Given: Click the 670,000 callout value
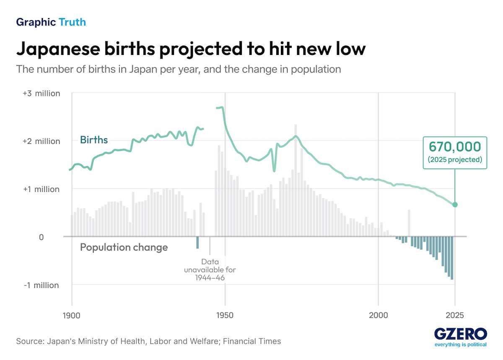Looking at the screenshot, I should coord(454,147).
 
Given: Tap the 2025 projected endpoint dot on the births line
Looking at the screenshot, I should coord(455,205).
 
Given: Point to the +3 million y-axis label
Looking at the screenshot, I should coord(41,93).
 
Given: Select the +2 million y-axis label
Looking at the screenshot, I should coord(41,141).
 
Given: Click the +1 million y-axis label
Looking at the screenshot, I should coord(41,189).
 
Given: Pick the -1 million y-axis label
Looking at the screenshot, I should coord(41,285).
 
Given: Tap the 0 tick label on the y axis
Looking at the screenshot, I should coord(41,237).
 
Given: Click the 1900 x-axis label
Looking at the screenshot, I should coord(71,315).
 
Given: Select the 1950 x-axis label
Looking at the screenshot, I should coord(225,315).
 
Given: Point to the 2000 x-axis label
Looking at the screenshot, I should coord(379,315).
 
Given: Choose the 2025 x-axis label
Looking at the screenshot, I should coord(455,315).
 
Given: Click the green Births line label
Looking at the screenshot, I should coord(94,140).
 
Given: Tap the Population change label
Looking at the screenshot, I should coord(124,248).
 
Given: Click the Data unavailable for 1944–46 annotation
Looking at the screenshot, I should coord(210,269).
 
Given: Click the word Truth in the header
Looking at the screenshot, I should coord(72,22).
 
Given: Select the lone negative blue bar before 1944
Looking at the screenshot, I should coord(197,243).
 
